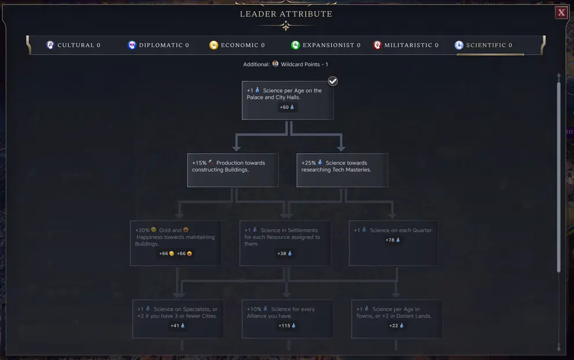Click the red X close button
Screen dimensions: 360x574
(x=561, y=13)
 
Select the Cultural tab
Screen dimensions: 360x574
(x=74, y=45)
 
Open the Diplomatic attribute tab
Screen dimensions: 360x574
(x=158, y=45)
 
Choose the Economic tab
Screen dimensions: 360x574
(x=237, y=45)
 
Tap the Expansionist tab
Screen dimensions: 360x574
(x=326, y=45)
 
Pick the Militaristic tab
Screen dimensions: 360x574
(x=406, y=45)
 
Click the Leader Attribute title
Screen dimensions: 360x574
(x=286, y=14)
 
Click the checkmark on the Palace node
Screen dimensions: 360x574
(x=333, y=81)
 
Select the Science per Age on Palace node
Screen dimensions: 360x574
(x=288, y=100)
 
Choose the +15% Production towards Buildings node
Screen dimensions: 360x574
(x=232, y=170)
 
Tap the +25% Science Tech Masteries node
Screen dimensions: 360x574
(x=342, y=170)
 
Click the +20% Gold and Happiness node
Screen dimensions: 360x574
(x=175, y=243)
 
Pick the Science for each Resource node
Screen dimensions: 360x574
(x=285, y=243)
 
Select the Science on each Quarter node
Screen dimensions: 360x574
(x=393, y=243)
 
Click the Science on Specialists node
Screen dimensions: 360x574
(x=177, y=318)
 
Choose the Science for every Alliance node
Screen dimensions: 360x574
(x=287, y=318)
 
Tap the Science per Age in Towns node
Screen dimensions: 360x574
(x=397, y=318)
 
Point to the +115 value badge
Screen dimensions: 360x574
(x=287, y=326)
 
